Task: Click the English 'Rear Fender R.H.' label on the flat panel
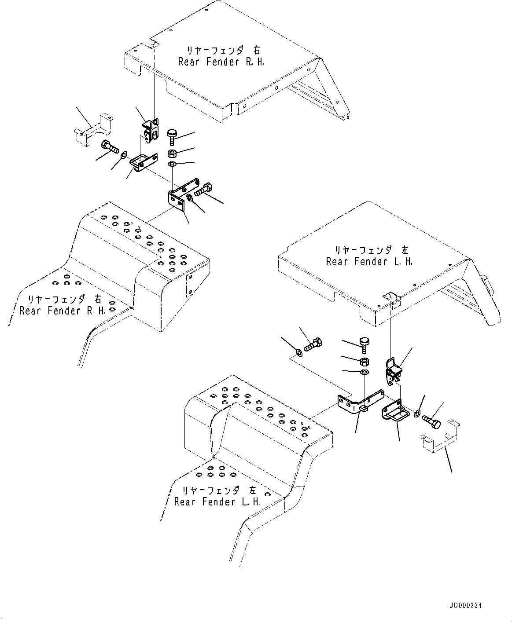pyautogui.click(x=221, y=62)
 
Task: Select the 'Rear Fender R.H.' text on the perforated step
pyautogui.click(x=63, y=311)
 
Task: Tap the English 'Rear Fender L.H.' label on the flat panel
pyautogui.click(x=369, y=262)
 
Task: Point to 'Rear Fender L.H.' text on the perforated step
pyautogui.click(x=217, y=501)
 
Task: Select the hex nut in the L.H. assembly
pyautogui.click(x=365, y=362)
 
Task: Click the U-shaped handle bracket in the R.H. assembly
pyautogui.click(x=144, y=161)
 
